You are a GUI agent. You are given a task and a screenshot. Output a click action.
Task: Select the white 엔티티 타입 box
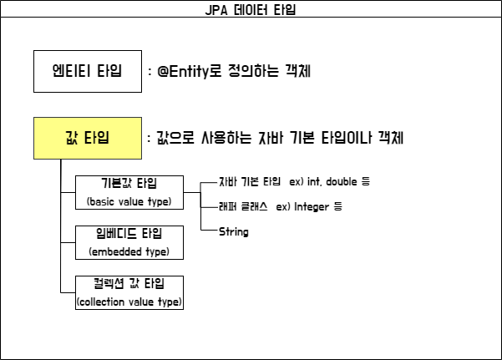pos(88,71)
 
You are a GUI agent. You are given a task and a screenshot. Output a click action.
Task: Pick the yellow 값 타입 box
pos(88,138)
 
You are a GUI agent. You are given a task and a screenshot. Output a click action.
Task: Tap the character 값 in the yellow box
pos(72,138)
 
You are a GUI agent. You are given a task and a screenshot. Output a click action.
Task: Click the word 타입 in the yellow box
pos(97,138)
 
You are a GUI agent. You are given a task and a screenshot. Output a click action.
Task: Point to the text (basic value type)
pos(129,202)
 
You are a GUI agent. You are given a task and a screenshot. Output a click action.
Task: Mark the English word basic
pos(103,202)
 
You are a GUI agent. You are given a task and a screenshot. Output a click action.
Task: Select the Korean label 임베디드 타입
pos(129,234)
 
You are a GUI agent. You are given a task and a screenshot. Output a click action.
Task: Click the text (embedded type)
pos(129,251)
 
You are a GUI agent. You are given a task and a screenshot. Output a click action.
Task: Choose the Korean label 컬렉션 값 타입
pos(129,284)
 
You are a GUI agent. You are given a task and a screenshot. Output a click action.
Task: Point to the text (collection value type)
pos(129,302)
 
